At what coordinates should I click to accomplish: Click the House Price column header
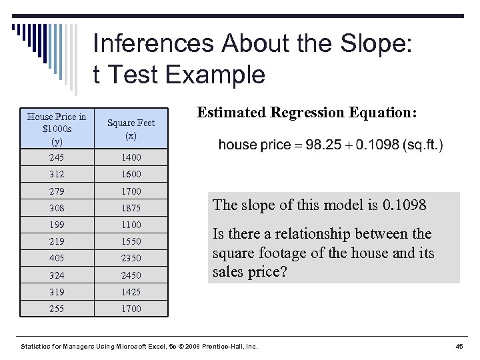(x=56, y=129)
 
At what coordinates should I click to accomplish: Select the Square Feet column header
(x=131, y=129)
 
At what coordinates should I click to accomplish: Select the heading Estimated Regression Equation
(x=307, y=113)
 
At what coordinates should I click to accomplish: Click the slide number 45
(x=459, y=347)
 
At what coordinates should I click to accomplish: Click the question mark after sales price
(x=281, y=272)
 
